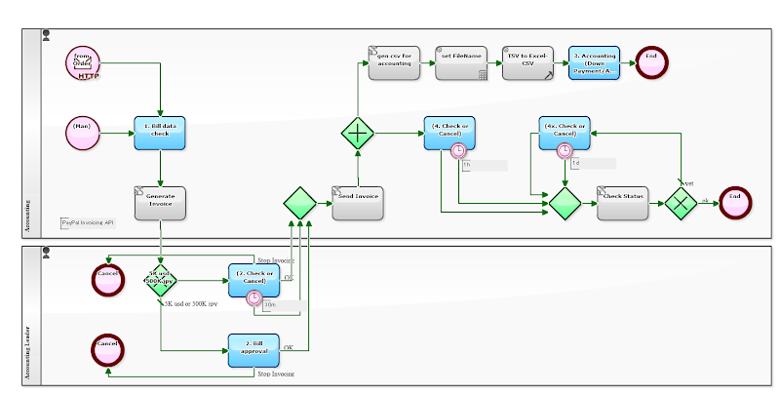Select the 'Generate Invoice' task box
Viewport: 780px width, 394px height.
(x=160, y=202)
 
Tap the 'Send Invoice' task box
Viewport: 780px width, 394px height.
(x=357, y=202)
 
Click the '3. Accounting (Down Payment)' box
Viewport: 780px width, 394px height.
(x=594, y=63)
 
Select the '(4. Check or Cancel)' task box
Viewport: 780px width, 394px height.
(x=449, y=133)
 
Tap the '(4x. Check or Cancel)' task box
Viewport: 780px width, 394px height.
(x=565, y=133)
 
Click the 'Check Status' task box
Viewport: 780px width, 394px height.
(x=622, y=202)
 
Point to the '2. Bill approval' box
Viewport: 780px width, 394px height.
(x=253, y=349)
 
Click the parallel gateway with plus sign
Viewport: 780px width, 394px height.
(x=357, y=133)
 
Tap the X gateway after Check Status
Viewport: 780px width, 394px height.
(x=680, y=202)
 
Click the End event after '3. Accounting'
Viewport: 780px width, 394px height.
(x=650, y=62)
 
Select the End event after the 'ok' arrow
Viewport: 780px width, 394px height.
(x=735, y=202)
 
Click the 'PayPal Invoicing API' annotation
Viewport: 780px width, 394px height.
(x=88, y=223)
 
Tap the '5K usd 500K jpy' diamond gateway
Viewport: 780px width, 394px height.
(x=160, y=281)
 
